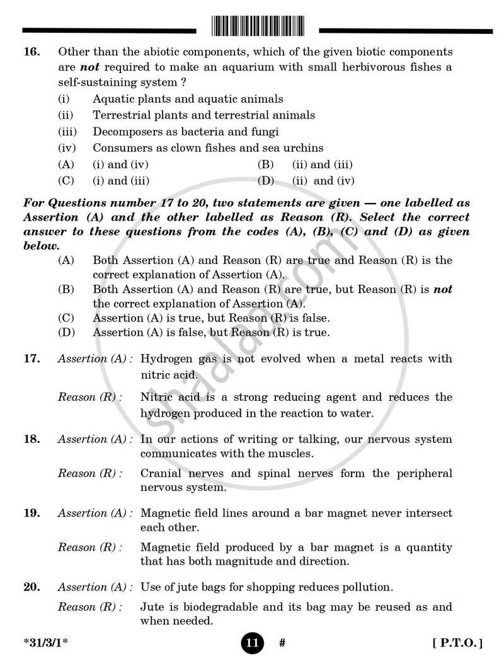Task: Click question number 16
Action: click(x=31, y=52)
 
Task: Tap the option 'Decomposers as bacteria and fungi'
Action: click(x=185, y=132)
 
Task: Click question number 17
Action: click(x=31, y=359)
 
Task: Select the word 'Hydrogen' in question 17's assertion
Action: click(x=164, y=359)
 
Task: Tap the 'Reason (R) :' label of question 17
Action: click(x=90, y=398)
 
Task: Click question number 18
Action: click(x=31, y=439)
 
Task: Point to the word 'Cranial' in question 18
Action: click(x=161, y=474)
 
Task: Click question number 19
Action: click(x=31, y=514)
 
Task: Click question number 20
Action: click(x=31, y=587)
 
